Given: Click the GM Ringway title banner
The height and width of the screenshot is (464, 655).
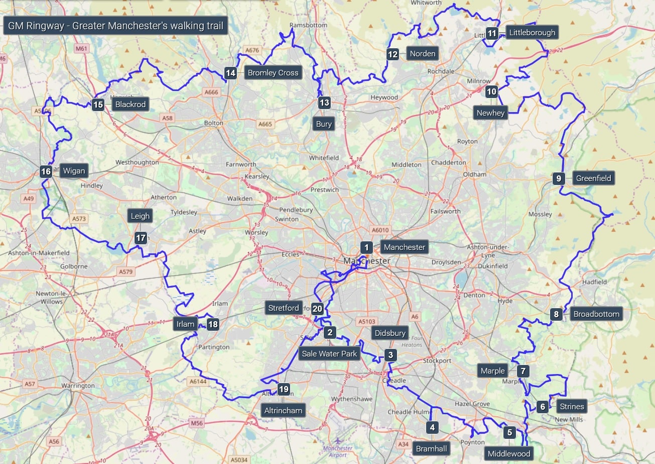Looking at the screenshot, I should coord(115,26).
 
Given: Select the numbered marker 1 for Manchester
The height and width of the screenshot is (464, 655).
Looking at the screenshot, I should coord(366,247).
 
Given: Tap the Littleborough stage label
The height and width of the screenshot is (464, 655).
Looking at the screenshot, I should coord(532,33).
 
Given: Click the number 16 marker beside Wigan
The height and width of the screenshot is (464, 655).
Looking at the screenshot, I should coord(46,171).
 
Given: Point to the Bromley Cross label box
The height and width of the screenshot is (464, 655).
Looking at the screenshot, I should coord(273,73).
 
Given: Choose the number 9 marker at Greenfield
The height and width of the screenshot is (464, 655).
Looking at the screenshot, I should coord(558,178).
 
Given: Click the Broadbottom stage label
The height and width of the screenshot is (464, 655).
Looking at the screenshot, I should coord(596,314).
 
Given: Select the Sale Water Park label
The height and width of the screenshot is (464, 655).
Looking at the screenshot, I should coord(329,354).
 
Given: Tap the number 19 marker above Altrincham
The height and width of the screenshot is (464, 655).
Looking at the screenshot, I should coord(284,389).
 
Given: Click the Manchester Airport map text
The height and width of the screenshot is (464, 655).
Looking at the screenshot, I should coord(338,451).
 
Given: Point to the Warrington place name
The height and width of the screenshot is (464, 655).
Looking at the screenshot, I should coord(78,386).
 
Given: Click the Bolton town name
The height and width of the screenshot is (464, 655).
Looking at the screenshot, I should coord(214,123).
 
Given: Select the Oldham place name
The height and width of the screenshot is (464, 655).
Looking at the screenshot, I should coord(475,174).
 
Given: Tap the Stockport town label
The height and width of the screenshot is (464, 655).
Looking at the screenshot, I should coord(437,361).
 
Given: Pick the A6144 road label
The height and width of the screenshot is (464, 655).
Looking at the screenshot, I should coord(198,382).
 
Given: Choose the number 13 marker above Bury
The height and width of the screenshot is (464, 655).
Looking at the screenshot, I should coord(324,103).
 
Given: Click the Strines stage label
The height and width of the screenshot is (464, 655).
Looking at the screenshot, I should coord(572,407).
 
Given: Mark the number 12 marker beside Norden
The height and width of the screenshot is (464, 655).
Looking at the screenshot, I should coord(392,54).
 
